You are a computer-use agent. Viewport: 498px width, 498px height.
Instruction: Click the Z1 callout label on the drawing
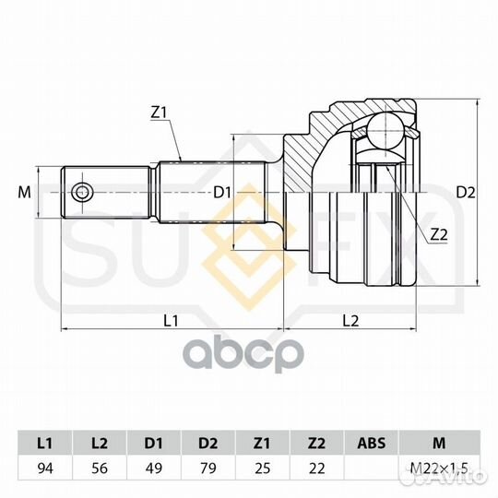coord(159,113)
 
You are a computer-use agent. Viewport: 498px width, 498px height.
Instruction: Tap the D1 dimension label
coord(221,193)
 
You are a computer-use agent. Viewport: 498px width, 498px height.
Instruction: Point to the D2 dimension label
coord(466,193)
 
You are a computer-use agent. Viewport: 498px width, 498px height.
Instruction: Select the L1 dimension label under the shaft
coord(171,320)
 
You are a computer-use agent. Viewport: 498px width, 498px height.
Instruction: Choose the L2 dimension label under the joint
coord(350,320)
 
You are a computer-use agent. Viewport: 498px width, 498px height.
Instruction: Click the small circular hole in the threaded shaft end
coord(83,193)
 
